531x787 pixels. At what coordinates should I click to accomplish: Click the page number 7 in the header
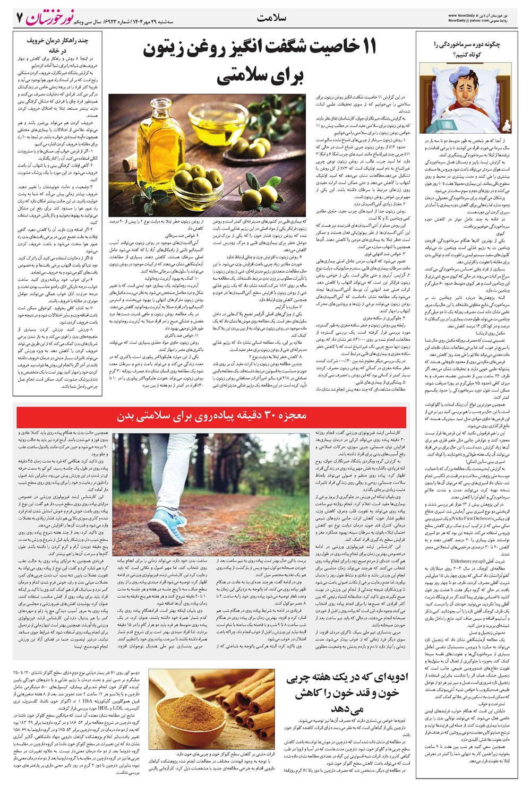coord(20,18)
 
